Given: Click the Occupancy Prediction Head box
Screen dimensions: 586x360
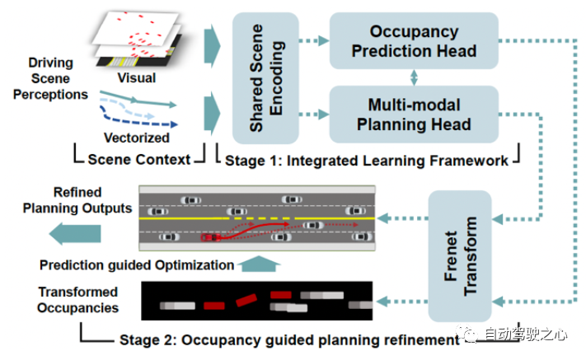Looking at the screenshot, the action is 414,40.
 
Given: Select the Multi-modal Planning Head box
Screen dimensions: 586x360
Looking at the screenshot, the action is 414,115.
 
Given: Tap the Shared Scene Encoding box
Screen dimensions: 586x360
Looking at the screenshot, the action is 265,78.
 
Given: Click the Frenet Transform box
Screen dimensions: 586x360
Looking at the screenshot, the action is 460,256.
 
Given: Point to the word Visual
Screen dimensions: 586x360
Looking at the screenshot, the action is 137,77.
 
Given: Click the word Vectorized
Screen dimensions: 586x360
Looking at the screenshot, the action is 137,138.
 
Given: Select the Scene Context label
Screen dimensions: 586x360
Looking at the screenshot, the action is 139,160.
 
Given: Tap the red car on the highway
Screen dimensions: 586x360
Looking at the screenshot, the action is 211,237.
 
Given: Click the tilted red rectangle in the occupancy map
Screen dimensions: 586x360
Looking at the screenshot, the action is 246,300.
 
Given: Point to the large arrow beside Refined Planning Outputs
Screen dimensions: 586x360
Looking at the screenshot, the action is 75,234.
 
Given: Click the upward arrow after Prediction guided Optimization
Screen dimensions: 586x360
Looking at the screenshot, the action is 259,264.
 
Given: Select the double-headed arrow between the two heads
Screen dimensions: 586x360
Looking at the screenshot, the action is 414,77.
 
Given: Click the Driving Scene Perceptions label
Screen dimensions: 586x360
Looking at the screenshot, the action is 50,78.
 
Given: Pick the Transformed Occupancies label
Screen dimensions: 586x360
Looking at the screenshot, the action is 77,300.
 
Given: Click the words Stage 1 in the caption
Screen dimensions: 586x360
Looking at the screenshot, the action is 252,161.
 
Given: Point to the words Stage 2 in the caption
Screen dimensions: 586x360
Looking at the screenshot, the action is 147,340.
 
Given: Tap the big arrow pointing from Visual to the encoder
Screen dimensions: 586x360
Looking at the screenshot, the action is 213,46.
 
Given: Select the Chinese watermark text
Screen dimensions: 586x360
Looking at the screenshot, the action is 525,334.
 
